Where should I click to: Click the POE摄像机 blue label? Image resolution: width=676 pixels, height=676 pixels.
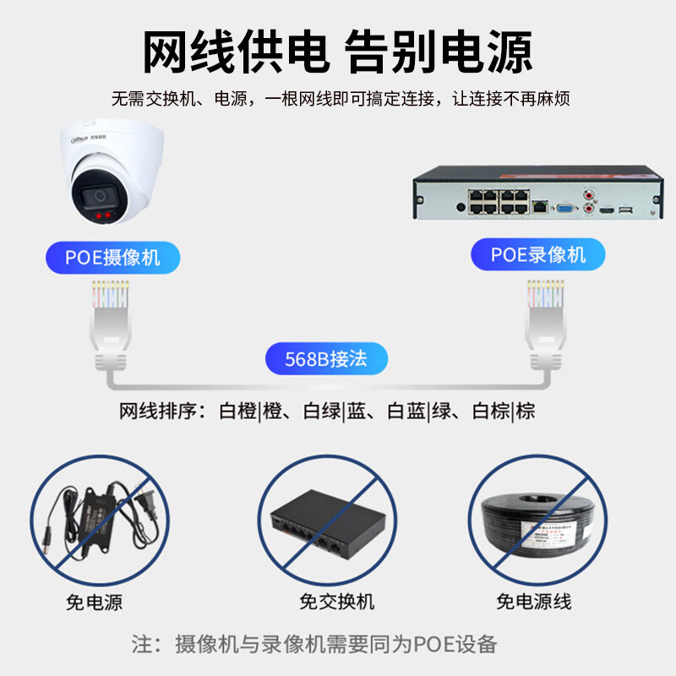(113, 258)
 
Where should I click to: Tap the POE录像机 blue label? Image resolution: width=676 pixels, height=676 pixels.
(538, 254)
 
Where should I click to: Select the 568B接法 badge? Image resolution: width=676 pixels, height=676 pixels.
(326, 358)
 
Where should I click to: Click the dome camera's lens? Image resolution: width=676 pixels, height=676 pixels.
(100, 197)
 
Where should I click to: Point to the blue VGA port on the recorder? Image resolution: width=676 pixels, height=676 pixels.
(565, 208)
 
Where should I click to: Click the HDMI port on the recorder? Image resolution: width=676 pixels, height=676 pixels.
(606, 210)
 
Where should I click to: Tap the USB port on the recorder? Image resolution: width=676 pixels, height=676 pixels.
(625, 210)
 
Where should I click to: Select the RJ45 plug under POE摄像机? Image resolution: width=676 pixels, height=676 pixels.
(111, 325)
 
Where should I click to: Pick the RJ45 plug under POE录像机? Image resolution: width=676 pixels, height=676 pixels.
(546, 324)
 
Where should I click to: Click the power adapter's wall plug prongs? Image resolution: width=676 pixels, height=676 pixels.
(144, 500)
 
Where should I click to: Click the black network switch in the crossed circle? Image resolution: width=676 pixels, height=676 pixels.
(328, 523)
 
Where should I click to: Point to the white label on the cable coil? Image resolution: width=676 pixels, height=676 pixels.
(554, 533)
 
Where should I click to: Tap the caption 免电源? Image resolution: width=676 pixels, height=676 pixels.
(94, 602)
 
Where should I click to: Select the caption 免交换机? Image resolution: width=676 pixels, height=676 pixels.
(336, 602)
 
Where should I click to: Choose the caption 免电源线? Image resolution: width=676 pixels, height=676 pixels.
(534, 602)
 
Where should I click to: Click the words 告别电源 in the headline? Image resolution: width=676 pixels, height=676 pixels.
(439, 52)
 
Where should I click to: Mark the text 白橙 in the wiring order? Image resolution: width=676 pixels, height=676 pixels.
(238, 411)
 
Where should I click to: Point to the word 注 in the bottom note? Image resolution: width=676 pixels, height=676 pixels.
(141, 644)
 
